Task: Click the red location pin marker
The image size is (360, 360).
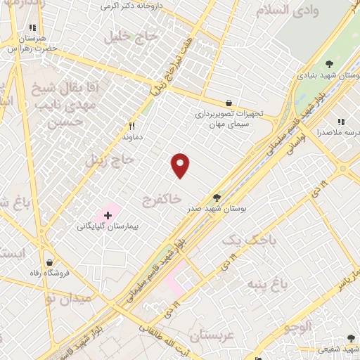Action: [181, 165]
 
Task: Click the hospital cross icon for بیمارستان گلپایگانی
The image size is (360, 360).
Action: [108, 214]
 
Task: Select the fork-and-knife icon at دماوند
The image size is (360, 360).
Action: [131, 127]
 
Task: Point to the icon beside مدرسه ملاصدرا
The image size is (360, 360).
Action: [341, 122]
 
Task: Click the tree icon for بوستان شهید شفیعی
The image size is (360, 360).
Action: [351, 338]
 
